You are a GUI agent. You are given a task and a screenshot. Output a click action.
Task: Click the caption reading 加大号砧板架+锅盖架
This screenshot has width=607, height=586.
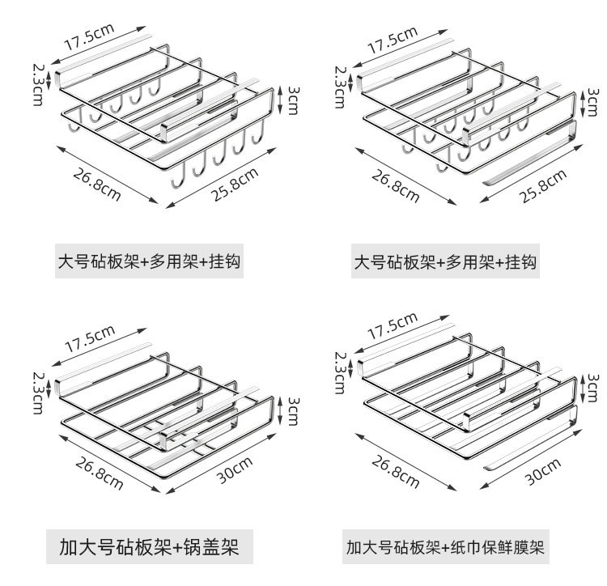pos(148,548)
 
